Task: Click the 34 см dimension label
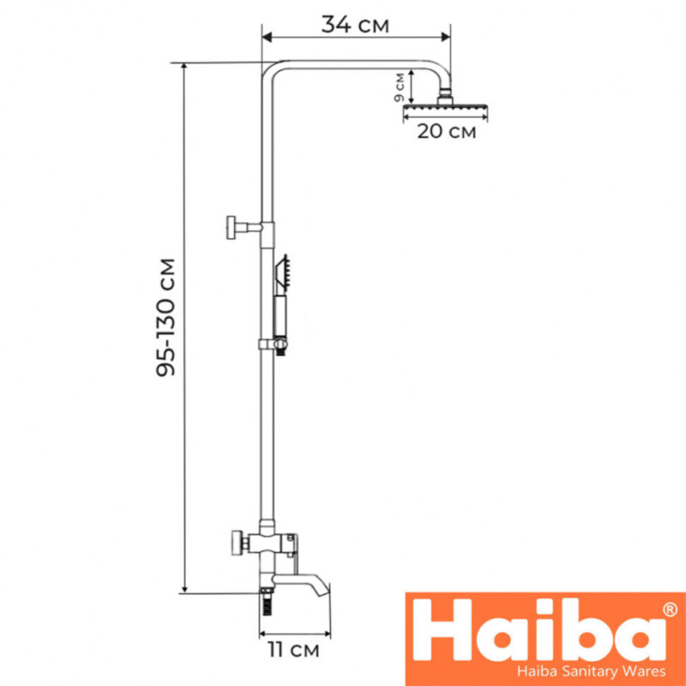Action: coord(355,25)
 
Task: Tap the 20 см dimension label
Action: coord(446,131)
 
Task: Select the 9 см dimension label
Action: coord(400,87)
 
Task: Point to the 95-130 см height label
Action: coord(165,317)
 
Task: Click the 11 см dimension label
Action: coord(293,650)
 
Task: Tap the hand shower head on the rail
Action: coord(282,274)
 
